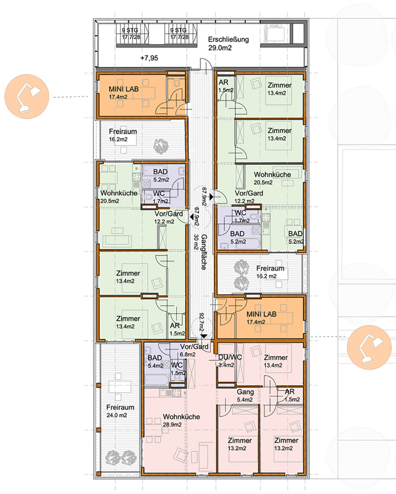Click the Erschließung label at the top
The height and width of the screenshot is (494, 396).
pos(229,40)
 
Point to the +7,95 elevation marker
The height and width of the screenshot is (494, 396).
pos(149,58)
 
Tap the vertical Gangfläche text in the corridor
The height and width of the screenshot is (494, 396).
pos(204,252)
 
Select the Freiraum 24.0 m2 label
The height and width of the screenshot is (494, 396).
pos(120,411)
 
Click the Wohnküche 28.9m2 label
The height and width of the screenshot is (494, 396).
pos(181,420)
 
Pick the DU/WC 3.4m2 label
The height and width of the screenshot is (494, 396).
pos(230,361)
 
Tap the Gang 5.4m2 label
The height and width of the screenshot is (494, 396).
pos(245,396)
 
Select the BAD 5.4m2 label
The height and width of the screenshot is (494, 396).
pos(156,362)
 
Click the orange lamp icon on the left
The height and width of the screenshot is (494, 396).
pos(27,96)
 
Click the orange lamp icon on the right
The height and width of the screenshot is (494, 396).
pos(369,347)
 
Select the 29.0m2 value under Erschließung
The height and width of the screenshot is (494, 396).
pos(220,48)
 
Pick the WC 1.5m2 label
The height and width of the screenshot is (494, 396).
pos(177,369)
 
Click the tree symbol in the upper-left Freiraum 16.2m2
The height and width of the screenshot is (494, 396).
pos(161,146)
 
